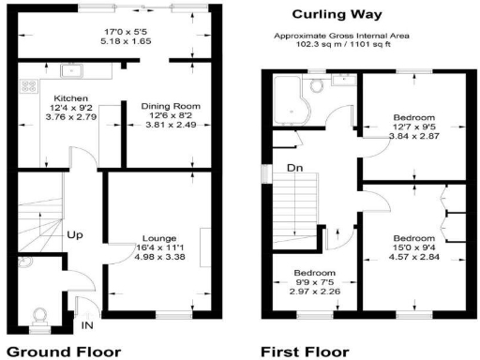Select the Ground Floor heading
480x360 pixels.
[x=63, y=352]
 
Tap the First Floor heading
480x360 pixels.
[x=306, y=352]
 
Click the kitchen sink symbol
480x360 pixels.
[x=71, y=69]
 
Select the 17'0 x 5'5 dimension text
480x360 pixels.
[x=127, y=33]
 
